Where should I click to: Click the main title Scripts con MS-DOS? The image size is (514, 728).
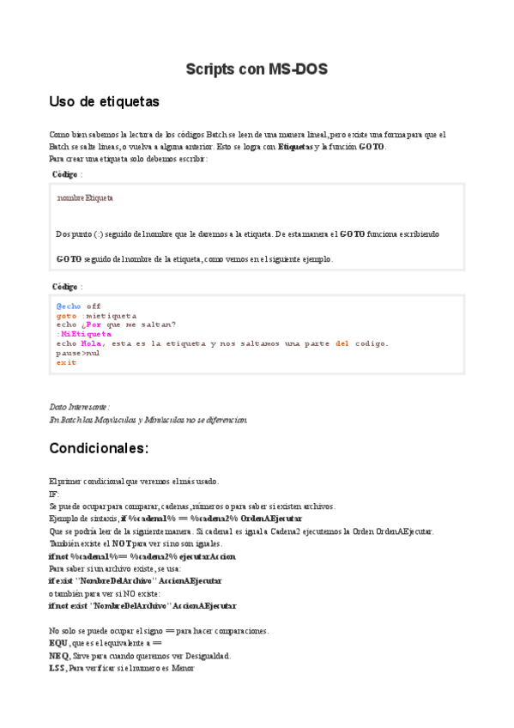click(x=257, y=69)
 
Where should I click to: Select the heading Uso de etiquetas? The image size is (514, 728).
click(x=105, y=101)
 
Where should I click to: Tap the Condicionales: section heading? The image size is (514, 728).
click(x=99, y=448)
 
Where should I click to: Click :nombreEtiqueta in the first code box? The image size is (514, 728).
click(x=85, y=197)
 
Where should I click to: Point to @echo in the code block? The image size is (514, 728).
click(x=69, y=306)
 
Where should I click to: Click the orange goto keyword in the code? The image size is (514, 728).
click(x=66, y=315)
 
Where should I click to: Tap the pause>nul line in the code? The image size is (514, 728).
click(x=78, y=353)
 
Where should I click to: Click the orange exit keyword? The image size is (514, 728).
click(x=66, y=362)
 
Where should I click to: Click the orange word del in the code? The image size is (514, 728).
click(x=342, y=343)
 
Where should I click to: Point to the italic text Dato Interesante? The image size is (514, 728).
click(x=80, y=407)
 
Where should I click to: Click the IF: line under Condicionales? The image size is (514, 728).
click(x=55, y=494)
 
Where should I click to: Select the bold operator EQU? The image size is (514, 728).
click(x=58, y=643)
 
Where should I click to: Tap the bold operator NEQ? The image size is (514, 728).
click(x=59, y=655)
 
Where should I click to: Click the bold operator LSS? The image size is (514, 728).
click(x=57, y=668)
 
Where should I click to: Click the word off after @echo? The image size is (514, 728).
click(x=94, y=306)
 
